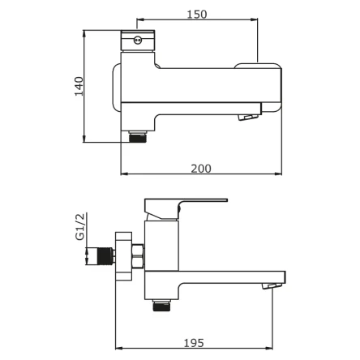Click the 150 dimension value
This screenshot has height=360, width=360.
pyautogui.click(x=197, y=15)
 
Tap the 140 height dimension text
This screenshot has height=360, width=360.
pyautogui.click(x=79, y=86)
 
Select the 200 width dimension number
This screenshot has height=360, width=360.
pyautogui.click(x=201, y=169)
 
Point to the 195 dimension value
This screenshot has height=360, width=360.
pyautogui.click(x=194, y=343)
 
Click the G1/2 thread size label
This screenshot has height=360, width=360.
pyautogui.click(x=80, y=226)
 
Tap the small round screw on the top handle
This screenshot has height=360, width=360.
pyautogui.click(x=138, y=41)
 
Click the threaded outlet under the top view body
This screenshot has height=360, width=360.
pyautogui.click(x=138, y=137)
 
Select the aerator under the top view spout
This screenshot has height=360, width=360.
pyautogui.click(x=248, y=117)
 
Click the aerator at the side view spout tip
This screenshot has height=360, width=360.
pyautogui.click(x=272, y=286)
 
